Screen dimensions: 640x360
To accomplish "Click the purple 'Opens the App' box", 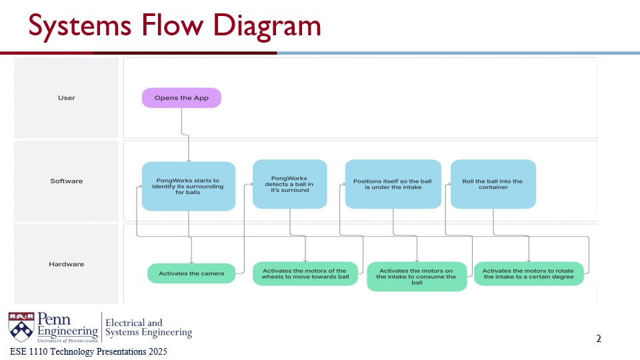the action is click(181, 98).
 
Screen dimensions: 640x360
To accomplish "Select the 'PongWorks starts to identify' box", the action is click(189, 186).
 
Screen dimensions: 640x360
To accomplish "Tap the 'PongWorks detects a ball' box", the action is click(290, 184).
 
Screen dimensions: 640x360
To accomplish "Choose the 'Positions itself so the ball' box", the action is click(393, 184).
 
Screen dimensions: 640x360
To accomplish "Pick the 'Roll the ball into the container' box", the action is click(493, 184).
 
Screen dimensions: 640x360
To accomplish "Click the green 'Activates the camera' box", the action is click(191, 273).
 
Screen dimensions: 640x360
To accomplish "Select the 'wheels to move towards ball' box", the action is click(305, 273).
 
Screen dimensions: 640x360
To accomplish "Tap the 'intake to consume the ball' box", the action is click(417, 276).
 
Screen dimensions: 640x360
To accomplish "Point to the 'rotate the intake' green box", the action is click(529, 273).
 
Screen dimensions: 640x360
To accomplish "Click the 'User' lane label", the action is click(67, 98).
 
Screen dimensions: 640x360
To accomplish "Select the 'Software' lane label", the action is click(67, 181).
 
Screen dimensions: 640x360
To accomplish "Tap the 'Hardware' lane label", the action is click(67, 264).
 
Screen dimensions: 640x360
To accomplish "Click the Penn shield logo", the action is click(21, 327).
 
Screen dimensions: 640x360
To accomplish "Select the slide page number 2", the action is click(599, 339).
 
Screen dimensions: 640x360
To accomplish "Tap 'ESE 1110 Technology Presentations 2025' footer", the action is click(89, 351).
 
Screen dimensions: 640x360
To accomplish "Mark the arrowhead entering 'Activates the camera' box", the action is click(191, 262).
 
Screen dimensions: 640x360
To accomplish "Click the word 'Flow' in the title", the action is click(172, 25).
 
